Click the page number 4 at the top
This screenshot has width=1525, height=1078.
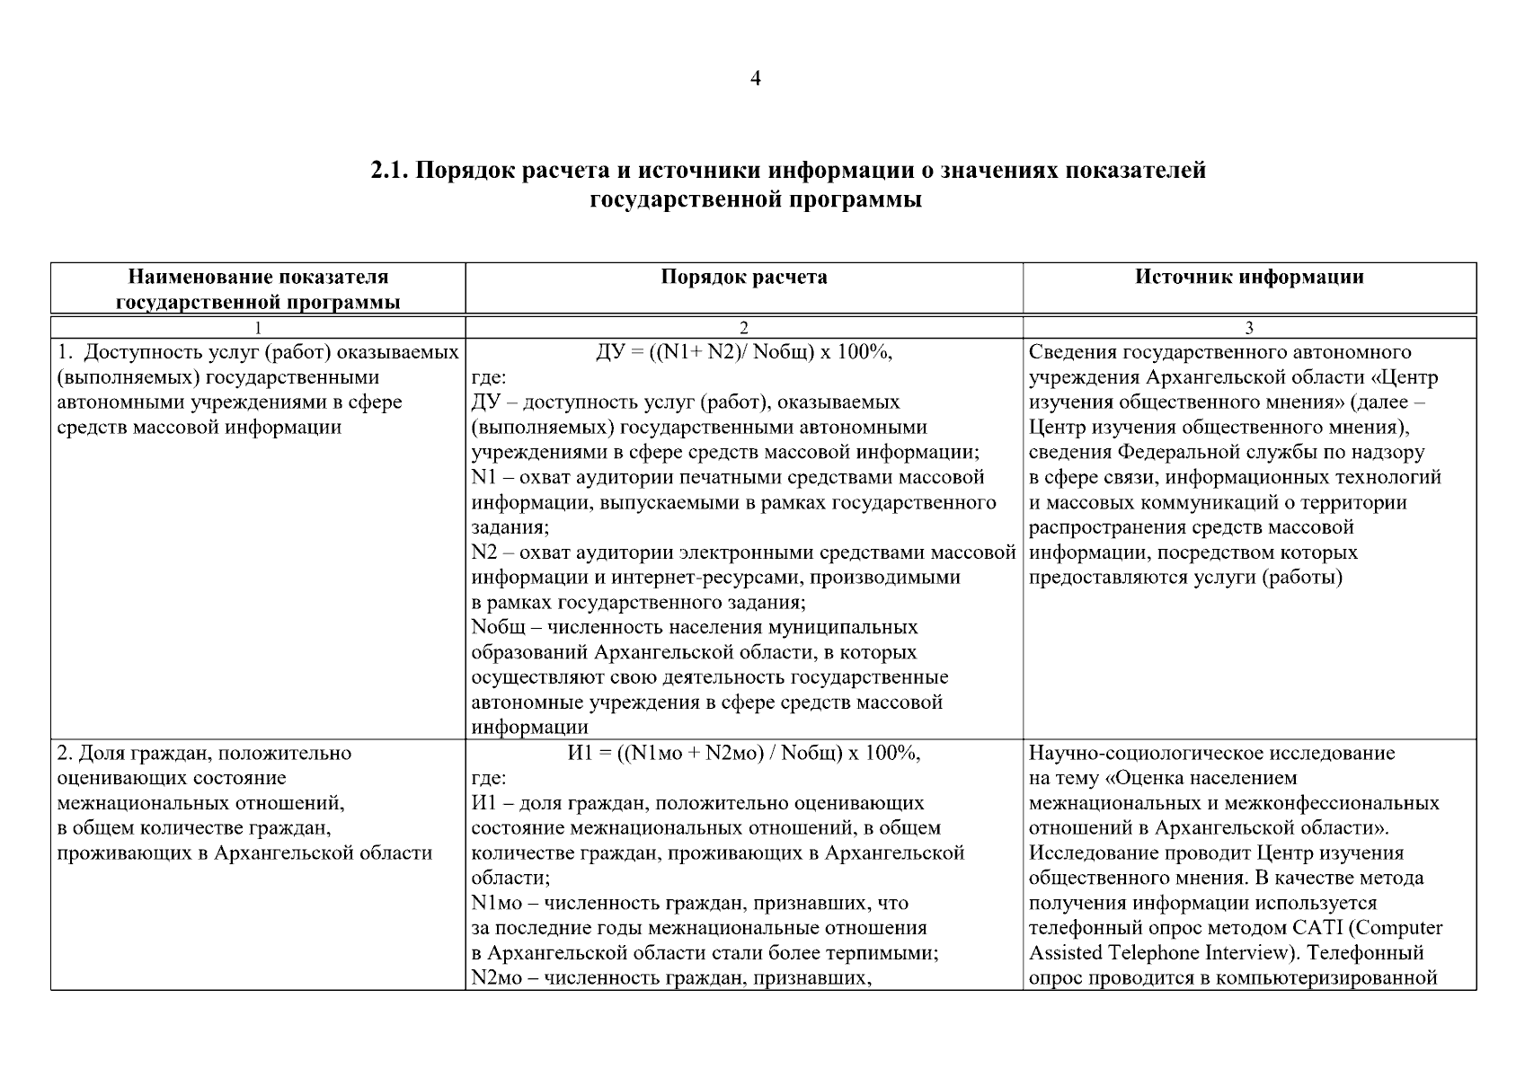pyautogui.click(x=755, y=80)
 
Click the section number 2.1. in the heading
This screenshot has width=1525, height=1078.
pyautogui.click(x=389, y=171)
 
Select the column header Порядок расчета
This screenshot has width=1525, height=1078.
pyautogui.click(x=744, y=278)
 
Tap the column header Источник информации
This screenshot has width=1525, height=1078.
pyautogui.click(x=1249, y=278)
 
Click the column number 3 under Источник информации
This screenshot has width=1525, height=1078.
pyautogui.click(x=1249, y=328)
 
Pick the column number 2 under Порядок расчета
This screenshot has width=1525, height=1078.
pyautogui.click(x=743, y=328)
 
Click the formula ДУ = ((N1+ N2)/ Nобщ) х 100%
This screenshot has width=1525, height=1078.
pyautogui.click(x=744, y=352)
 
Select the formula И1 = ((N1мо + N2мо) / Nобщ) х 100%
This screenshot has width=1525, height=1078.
pyautogui.click(x=744, y=753)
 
